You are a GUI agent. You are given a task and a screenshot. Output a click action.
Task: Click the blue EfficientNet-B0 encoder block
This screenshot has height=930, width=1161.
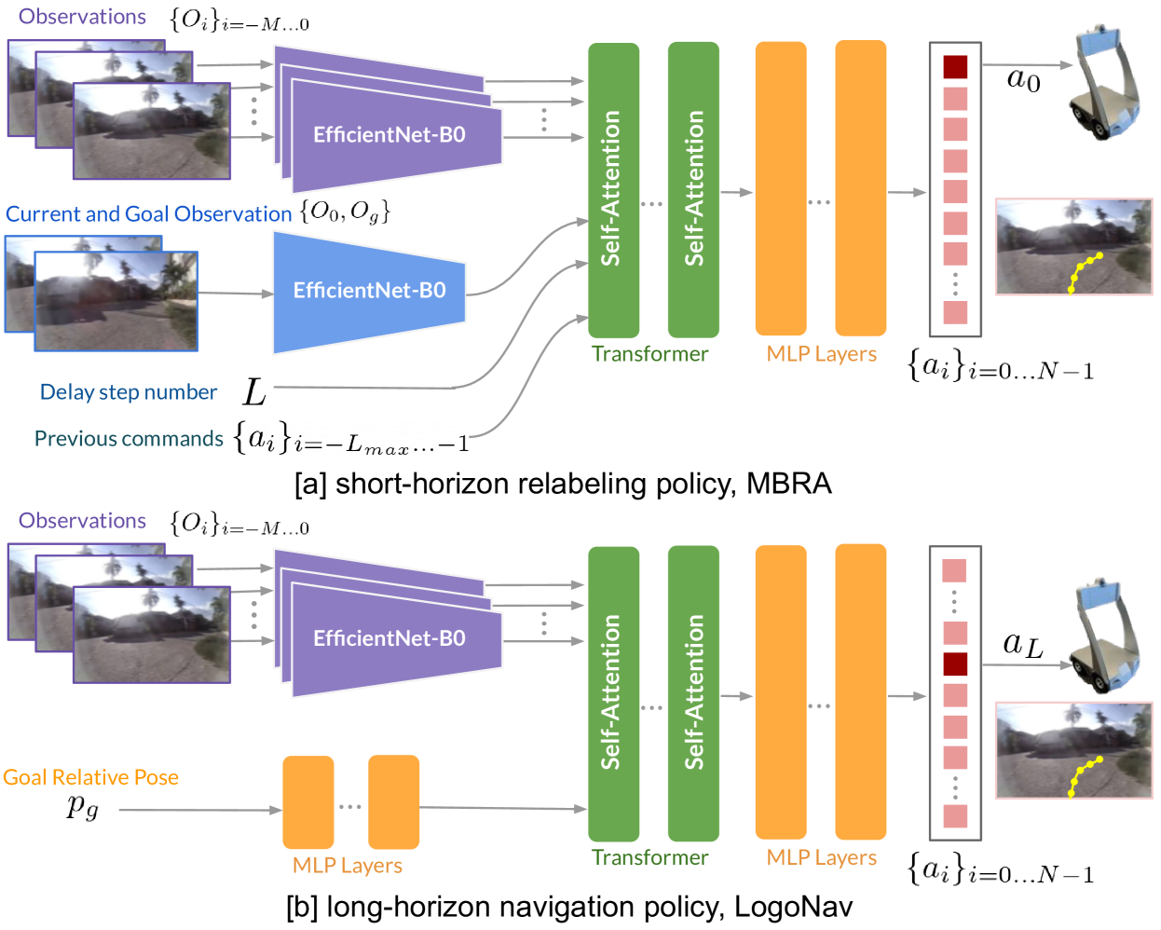[x=369, y=292]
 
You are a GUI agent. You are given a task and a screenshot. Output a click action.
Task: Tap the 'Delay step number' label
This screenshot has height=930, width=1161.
[x=129, y=392]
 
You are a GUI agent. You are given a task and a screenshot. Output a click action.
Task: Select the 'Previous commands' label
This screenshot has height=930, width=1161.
[x=129, y=439]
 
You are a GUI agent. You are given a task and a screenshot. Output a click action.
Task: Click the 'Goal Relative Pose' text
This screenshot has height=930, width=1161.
[x=90, y=777]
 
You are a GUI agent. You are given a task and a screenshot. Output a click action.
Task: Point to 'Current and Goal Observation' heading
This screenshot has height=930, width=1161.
[x=148, y=214]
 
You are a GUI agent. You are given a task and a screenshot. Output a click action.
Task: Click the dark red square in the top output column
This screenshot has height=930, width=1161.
[x=955, y=67]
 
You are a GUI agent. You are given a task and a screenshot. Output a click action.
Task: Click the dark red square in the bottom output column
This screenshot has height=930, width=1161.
[x=955, y=664]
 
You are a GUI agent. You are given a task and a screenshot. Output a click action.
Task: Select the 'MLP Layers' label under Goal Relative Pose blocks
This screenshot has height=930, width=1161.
[x=347, y=866]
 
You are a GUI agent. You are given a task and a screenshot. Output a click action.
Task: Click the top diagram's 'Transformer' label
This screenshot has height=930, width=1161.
[x=649, y=354]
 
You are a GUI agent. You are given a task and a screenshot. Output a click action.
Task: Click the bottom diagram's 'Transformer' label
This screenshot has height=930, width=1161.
[x=649, y=857]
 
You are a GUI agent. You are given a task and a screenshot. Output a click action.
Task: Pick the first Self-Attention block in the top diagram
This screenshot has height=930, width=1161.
[x=613, y=189]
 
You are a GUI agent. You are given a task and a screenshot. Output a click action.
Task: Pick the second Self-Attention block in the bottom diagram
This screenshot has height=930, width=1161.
[x=693, y=692]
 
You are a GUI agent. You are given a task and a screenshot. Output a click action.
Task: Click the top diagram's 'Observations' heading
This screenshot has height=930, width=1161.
[x=82, y=17]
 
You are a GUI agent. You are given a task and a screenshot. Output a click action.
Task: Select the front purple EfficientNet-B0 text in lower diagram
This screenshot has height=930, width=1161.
[x=389, y=638]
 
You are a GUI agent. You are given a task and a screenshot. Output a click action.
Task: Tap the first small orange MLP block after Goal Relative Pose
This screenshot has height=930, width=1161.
[x=308, y=801]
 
